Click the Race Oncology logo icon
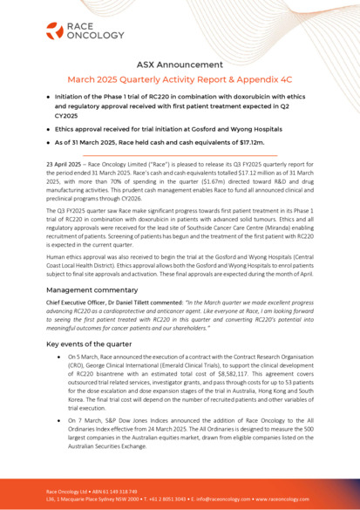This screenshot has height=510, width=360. [x=54, y=33]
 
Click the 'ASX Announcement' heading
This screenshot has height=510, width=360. [x=180, y=65]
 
